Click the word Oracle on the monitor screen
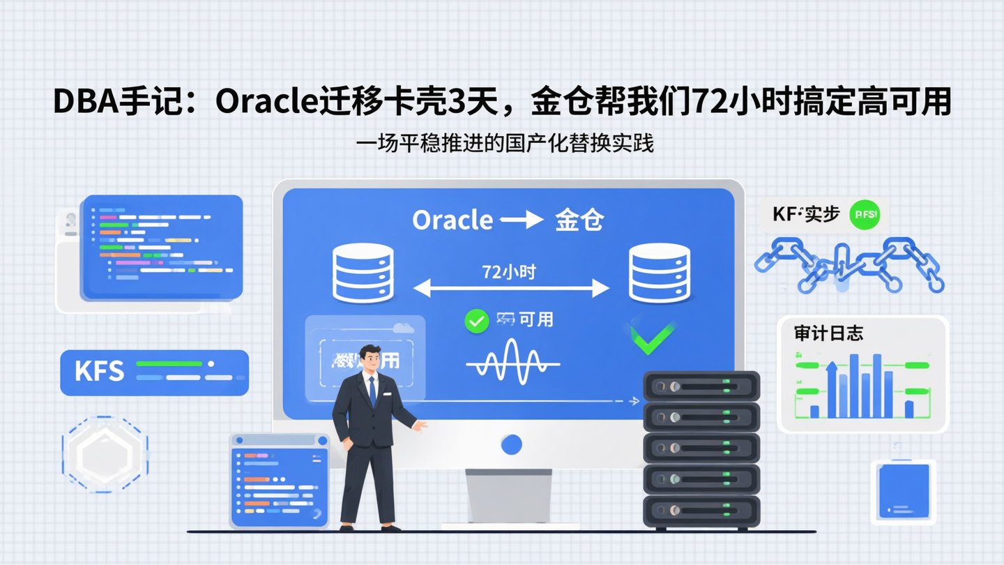click(x=452, y=220)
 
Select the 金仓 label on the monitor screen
click(x=579, y=220)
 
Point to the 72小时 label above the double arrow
click(x=509, y=272)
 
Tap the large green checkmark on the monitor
click(x=652, y=338)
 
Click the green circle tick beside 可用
click(x=476, y=321)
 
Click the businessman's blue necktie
click(x=372, y=391)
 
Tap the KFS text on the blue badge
click(x=99, y=372)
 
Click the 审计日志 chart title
click(x=828, y=333)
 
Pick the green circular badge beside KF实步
click(x=865, y=215)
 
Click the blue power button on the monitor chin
click(x=511, y=444)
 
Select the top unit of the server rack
click(x=701, y=386)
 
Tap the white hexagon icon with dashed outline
click(x=105, y=455)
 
